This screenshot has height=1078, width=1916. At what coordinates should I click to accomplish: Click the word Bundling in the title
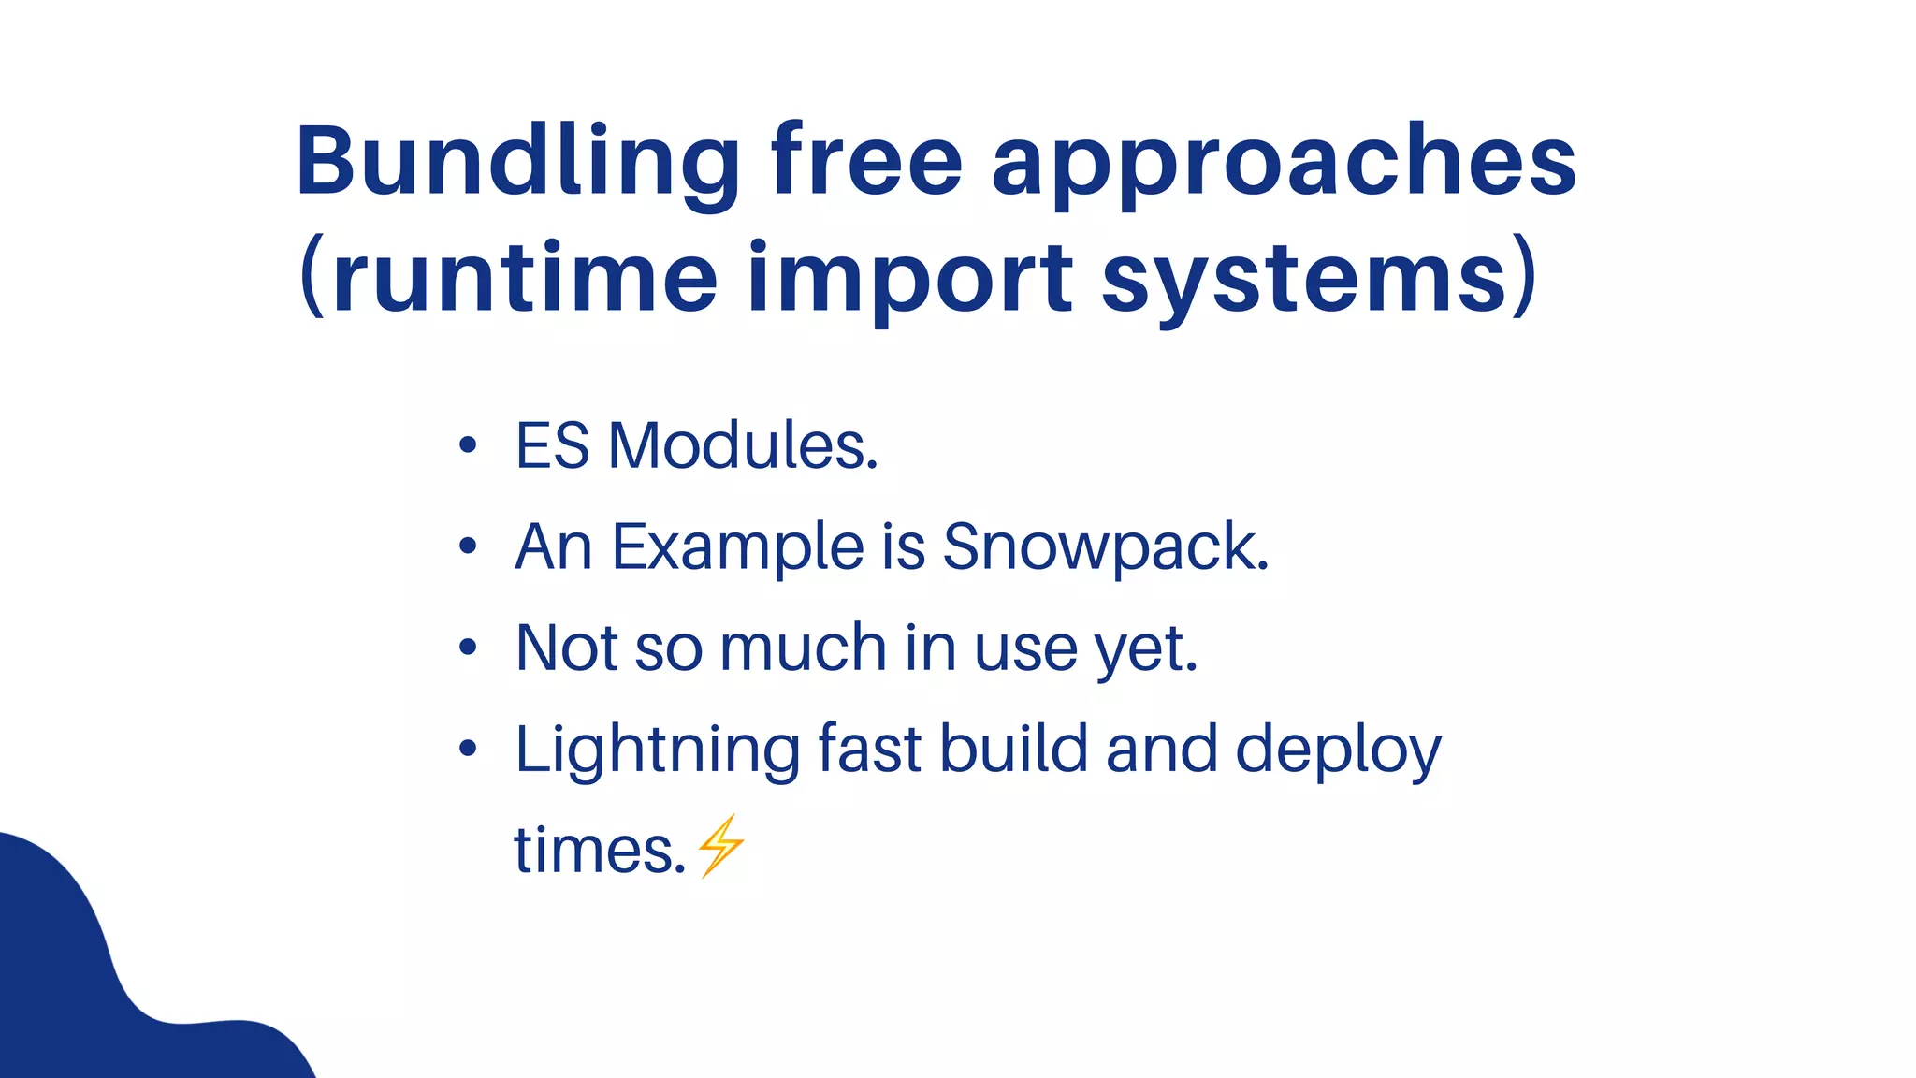(518, 163)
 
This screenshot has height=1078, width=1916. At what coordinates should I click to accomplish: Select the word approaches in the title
(1284, 165)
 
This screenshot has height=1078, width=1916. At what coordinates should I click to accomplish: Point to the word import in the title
(910, 279)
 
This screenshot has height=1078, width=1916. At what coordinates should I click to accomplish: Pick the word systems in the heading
(1305, 279)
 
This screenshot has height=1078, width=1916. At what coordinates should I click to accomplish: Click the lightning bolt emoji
(720, 846)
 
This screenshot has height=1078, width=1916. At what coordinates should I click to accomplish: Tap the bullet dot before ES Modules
(469, 445)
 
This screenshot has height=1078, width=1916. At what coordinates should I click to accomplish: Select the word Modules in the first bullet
(743, 445)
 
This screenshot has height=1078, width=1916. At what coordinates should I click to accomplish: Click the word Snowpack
(1105, 546)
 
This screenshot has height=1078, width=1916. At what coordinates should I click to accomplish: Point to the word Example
(738, 546)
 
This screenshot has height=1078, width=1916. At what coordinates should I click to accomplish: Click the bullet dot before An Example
(469, 546)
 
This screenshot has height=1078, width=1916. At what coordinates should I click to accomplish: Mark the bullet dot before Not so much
(469, 647)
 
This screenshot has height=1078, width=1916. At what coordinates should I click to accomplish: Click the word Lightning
(658, 750)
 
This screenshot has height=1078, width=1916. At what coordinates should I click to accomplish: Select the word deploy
(1338, 750)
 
